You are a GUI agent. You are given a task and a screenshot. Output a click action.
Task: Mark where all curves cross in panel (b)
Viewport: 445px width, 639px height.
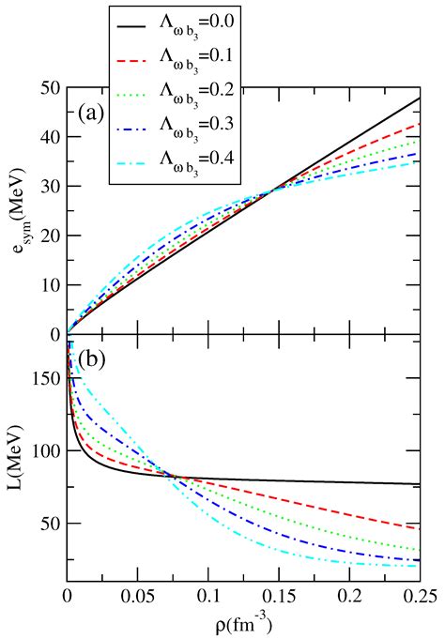coord(175,476)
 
